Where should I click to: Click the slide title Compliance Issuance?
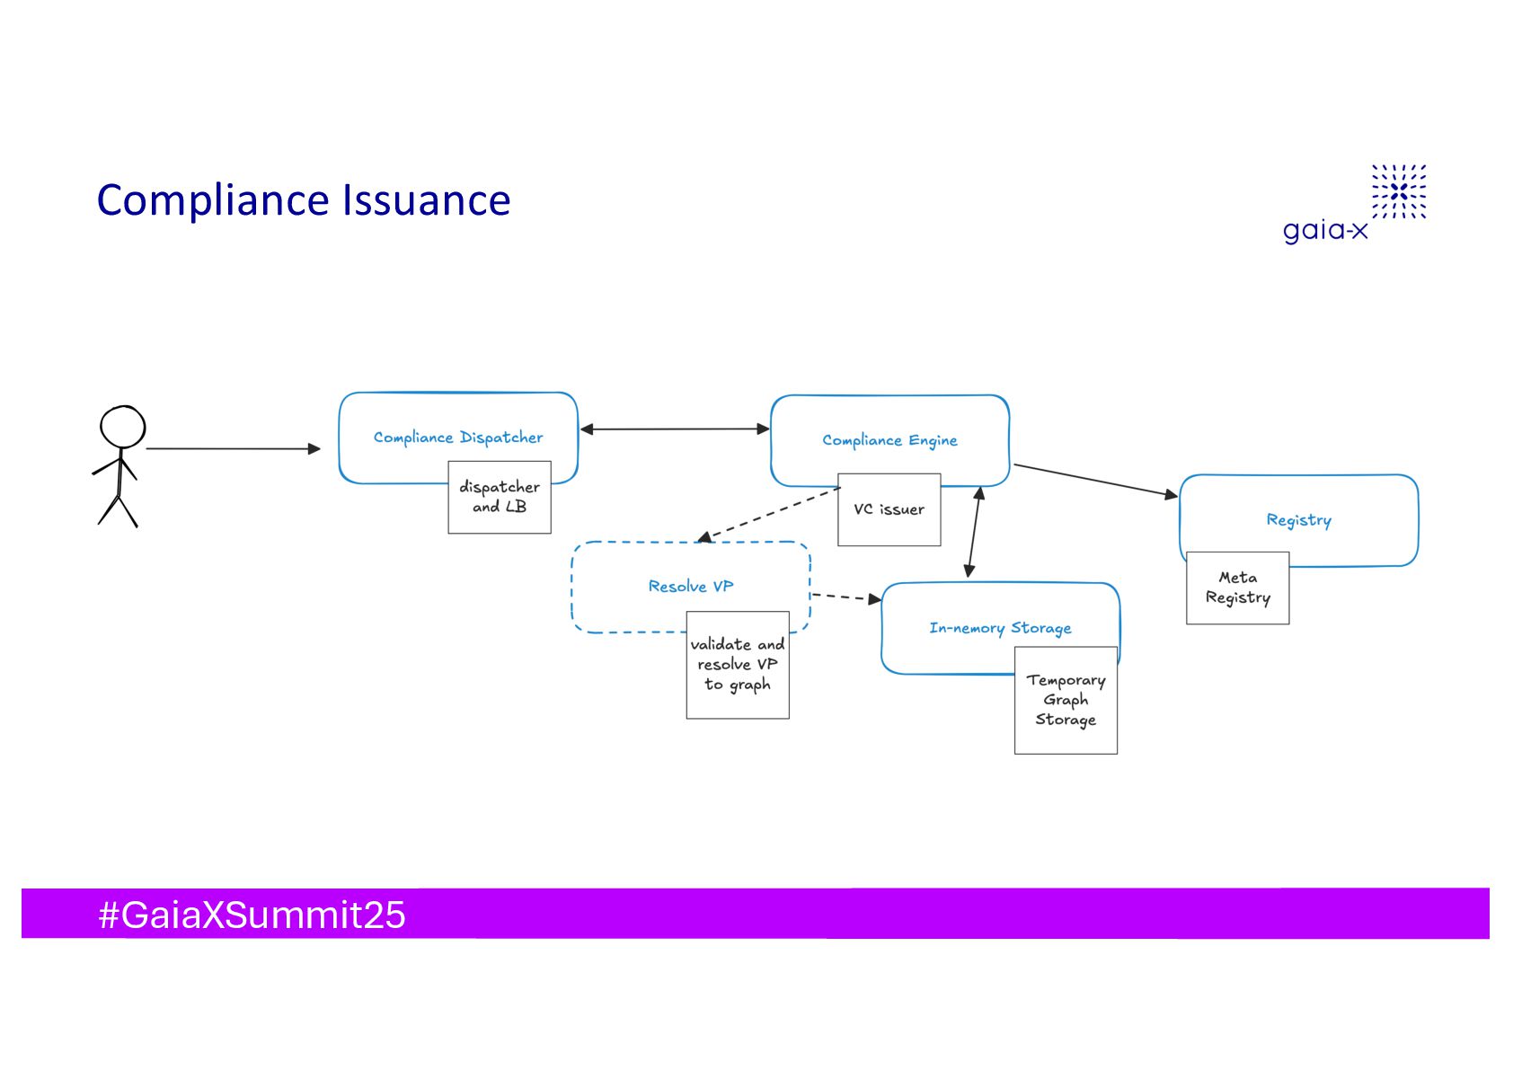(303, 200)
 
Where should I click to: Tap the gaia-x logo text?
(1324, 230)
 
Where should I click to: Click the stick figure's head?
(122, 426)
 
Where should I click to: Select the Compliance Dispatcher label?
(458, 438)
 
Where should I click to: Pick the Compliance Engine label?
(889, 440)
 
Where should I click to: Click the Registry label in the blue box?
(1298, 520)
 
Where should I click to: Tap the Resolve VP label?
(690, 587)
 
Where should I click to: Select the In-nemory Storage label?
(1000, 628)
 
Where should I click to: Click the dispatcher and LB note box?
(500, 497)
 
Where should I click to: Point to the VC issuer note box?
(889, 509)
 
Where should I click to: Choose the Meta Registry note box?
(1237, 588)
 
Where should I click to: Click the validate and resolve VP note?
(738, 665)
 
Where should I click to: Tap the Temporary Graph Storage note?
(1066, 700)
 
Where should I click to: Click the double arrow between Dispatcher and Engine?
(674, 429)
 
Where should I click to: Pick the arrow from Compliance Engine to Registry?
(1094, 480)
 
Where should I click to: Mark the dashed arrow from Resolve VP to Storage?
(845, 597)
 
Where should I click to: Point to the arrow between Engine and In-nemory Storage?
(974, 532)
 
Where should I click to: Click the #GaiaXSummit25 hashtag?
(252, 915)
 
